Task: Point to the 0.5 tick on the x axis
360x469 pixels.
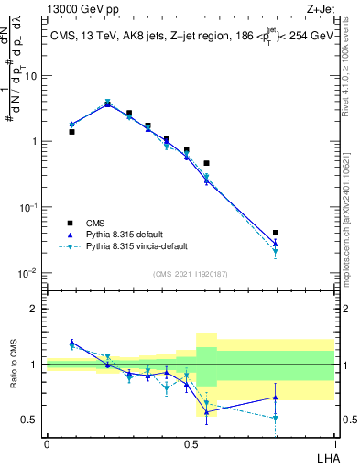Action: pos(191,442)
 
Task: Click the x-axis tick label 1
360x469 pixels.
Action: pos(334,442)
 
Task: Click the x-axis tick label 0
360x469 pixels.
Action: pos(47,442)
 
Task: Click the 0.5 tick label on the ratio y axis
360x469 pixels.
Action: pos(30,420)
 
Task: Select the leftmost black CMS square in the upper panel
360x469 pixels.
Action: pos(71,132)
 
